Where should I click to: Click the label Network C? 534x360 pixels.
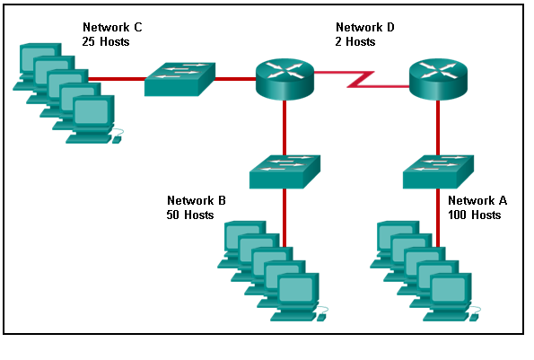(112, 27)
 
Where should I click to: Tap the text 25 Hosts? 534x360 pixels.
(106, 41)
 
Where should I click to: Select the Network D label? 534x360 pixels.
(365, 27)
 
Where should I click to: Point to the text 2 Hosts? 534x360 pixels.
(355, 41)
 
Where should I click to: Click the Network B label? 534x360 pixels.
(197, 200)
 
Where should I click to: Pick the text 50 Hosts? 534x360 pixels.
(190, 215)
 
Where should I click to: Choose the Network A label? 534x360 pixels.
(477, 200)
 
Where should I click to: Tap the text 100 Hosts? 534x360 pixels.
(475, 215)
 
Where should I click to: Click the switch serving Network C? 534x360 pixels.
(179, 79)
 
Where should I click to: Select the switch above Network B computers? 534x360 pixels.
(285, 172)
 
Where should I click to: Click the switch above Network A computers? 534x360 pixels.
(438, 172)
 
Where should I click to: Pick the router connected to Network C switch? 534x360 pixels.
(285, 79)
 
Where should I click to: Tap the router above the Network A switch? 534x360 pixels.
(438, 79)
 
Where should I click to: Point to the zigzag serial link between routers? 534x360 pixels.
(361, 79)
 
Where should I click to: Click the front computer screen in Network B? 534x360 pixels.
(296, 289)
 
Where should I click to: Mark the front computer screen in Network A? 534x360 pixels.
(449, 289)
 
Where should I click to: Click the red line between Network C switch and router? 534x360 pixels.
(235, 79)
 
